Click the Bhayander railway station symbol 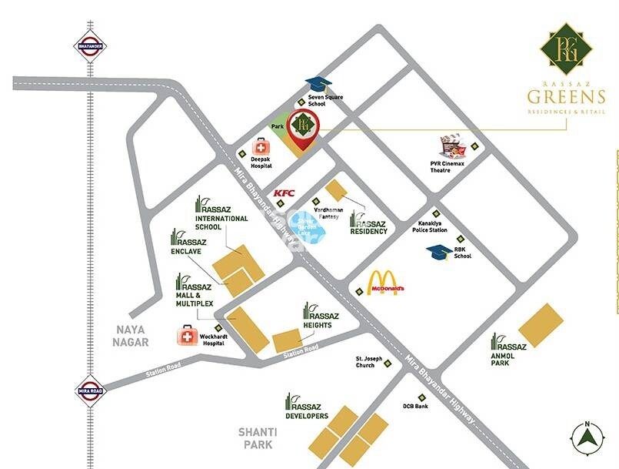(x=90, y=46)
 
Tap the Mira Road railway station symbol (x=90, y=391)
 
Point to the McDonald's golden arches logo (x=382, y=283)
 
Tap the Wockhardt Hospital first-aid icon (x=188, y=335)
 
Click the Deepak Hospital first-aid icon (x=262, y=146)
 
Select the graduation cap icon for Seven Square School (x=315, y=84)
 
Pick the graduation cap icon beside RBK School (x=439, y=252)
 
